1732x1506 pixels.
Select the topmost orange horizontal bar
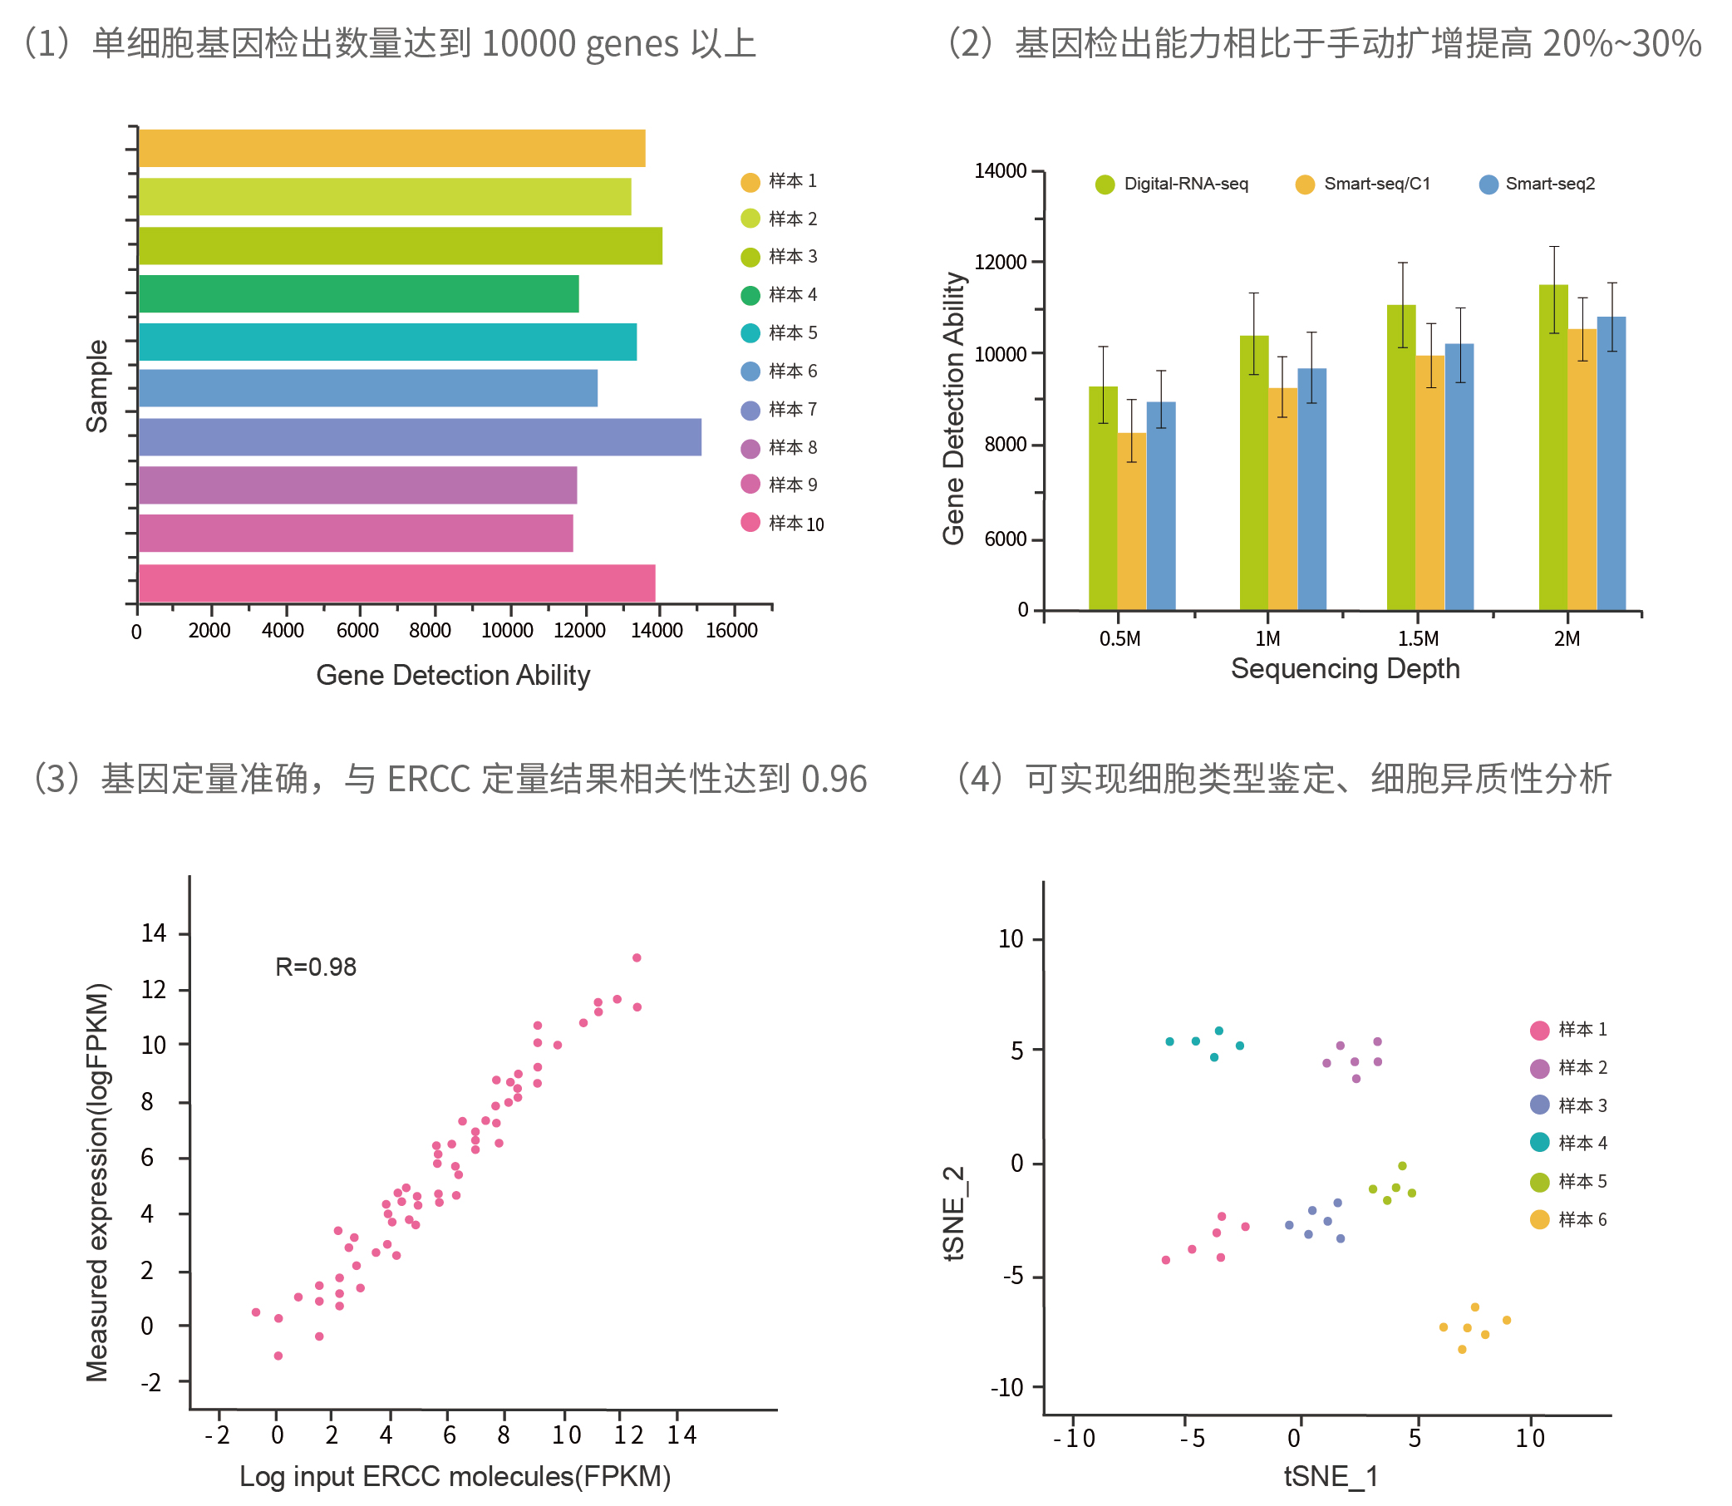391,148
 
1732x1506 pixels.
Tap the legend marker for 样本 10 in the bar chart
750,523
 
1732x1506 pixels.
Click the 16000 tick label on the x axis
731,630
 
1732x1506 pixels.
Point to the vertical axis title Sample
97,386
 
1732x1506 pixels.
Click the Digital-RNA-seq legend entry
1173,184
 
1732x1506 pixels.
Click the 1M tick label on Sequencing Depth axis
1267,638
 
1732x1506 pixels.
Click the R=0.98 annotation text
316,967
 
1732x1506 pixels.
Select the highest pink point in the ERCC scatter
636,958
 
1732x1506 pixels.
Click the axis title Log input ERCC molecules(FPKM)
455,1477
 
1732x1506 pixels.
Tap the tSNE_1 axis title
1331,1477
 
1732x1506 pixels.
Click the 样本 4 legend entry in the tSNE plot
1570,1143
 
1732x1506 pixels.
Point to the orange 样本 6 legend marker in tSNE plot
1539,1219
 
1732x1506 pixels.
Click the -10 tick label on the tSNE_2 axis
1006,1387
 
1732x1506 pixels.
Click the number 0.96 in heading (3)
834,779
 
